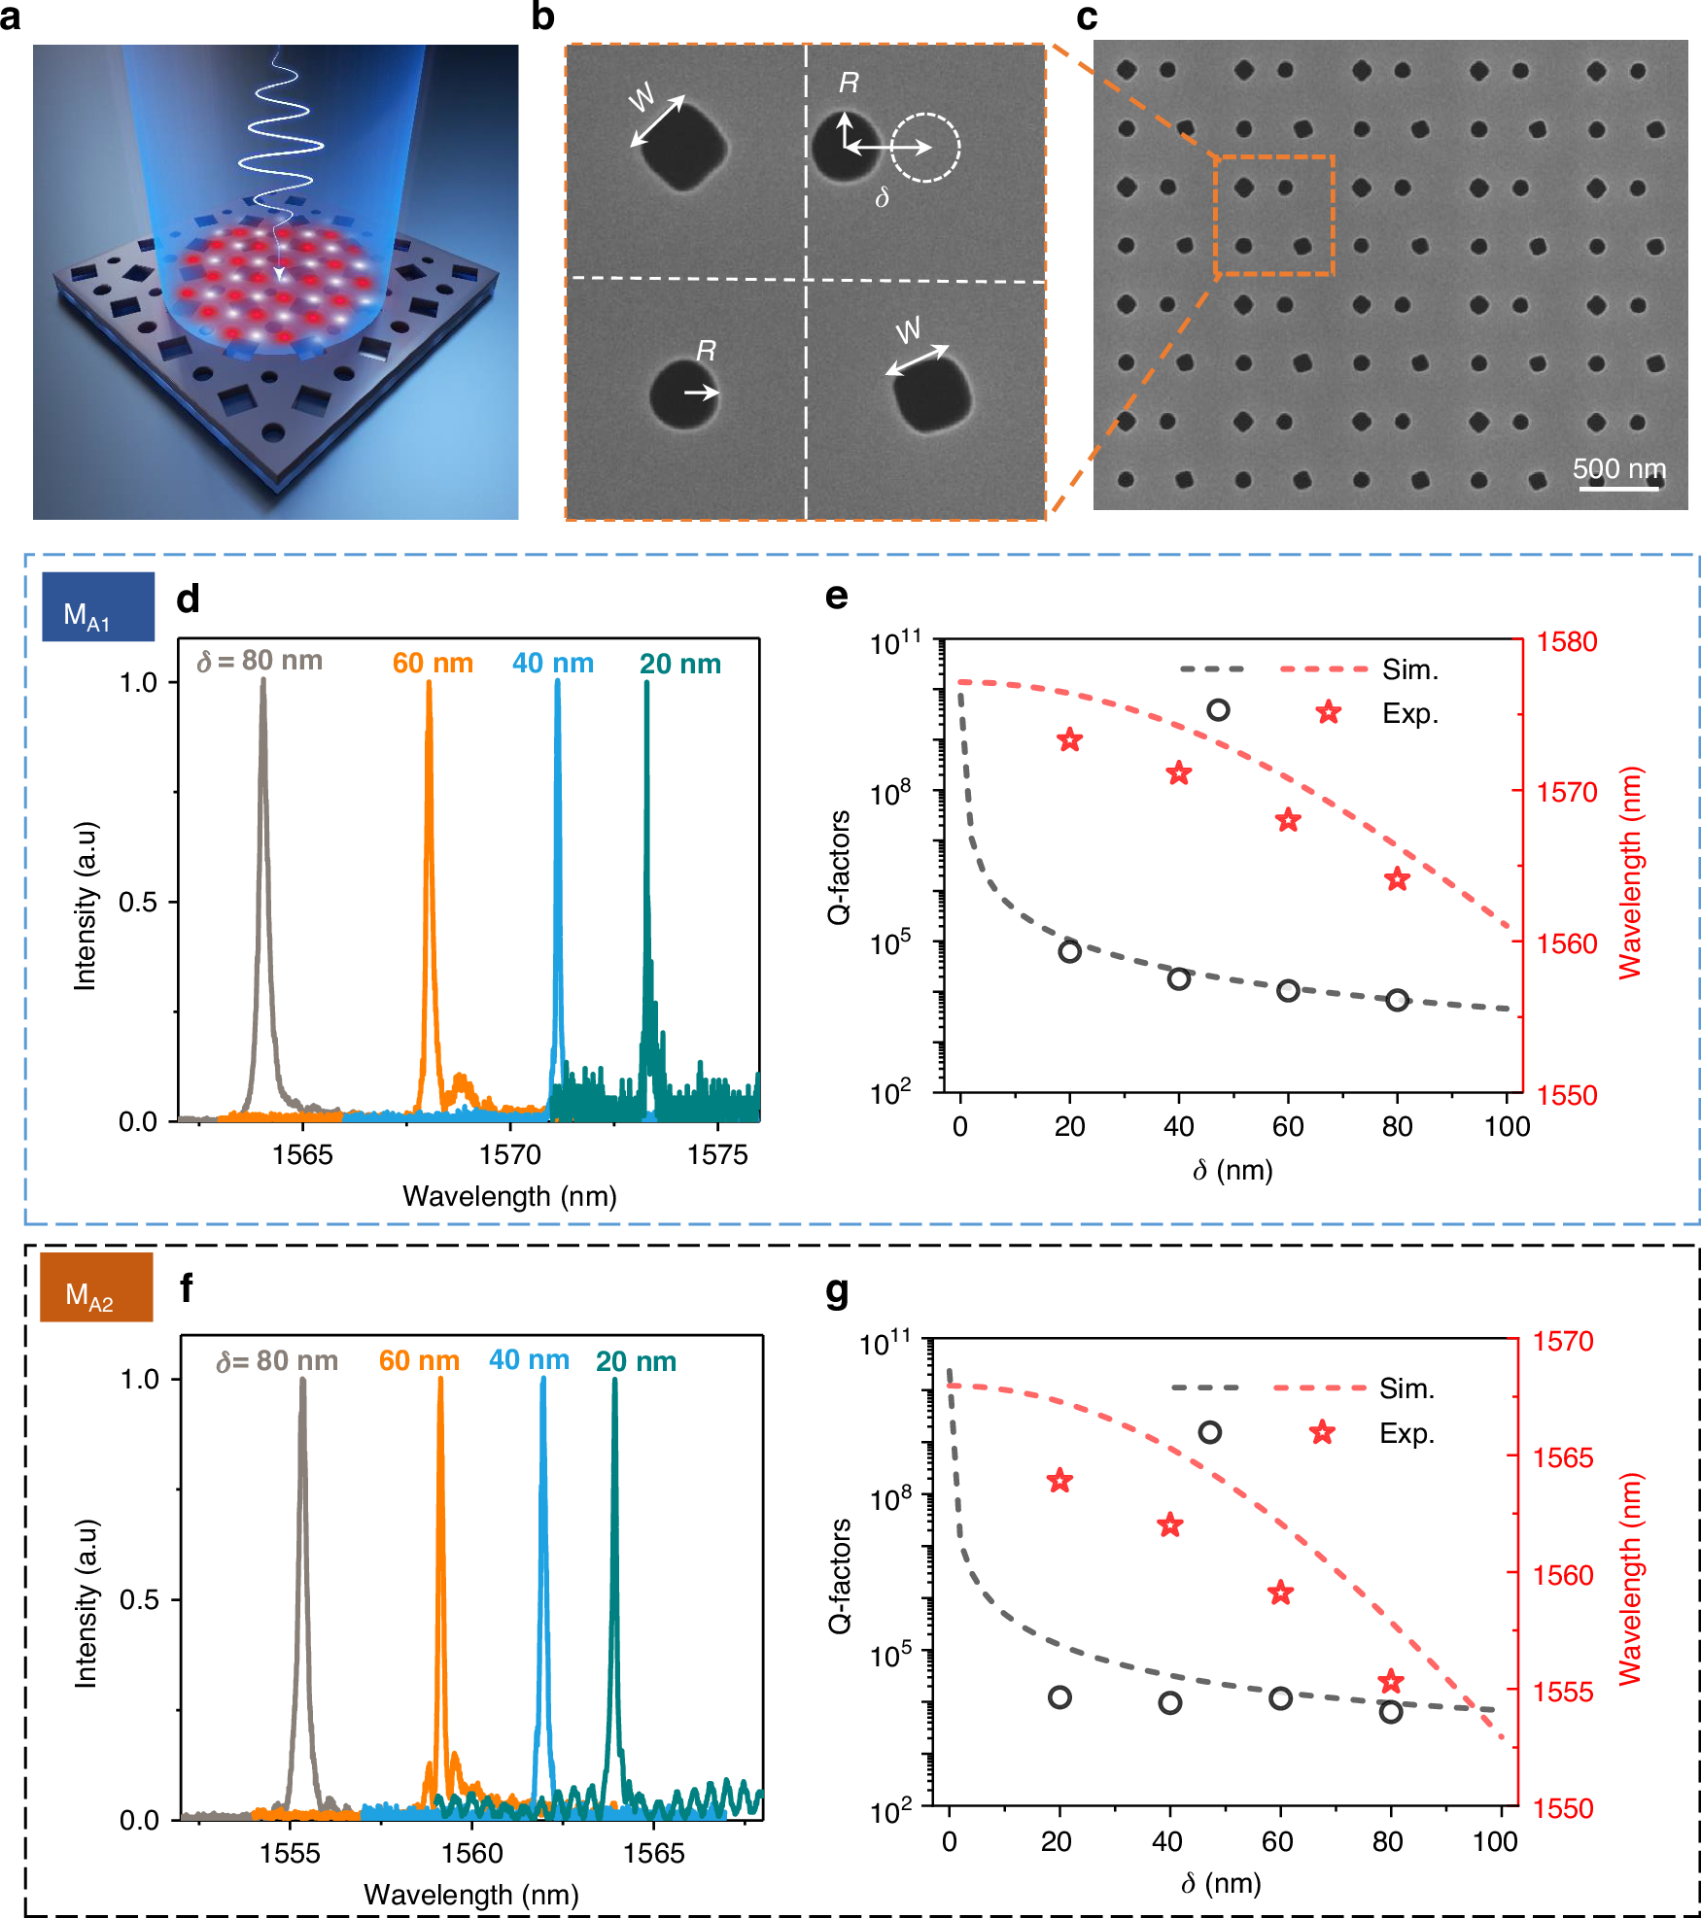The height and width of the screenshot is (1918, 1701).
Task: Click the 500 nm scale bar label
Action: tap(1618, 468)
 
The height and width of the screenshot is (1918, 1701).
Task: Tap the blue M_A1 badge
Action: tap(97, 606)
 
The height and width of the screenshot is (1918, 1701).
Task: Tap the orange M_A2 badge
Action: tap(95, 1286)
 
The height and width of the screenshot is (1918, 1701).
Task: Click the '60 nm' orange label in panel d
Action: tap(433, 663)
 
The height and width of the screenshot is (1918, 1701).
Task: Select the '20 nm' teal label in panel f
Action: tap(636, 1360)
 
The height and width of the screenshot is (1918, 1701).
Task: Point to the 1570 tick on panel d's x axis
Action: tap(510, 1154)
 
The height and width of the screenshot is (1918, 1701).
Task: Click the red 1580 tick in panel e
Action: tap(1566, 641)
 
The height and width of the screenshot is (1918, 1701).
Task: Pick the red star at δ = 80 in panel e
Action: tap(1397, 879)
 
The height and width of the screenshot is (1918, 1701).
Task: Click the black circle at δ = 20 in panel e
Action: tap(1069, 951)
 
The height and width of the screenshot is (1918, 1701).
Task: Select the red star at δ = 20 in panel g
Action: tap(1059, 1481)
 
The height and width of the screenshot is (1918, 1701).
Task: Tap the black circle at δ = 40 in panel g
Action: tap(1169, 1702)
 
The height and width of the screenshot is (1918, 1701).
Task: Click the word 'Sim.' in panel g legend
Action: tap(1406, 1388)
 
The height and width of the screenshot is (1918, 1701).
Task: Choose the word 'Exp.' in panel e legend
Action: tap(1409, 713)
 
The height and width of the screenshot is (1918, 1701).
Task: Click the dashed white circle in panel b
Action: tap(925, 147)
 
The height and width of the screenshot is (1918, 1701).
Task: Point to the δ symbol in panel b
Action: tap(882, 197)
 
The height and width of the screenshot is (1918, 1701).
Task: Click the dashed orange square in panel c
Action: tap(1273, 215)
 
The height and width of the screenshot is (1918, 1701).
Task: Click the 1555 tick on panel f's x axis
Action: tap(290, 1853)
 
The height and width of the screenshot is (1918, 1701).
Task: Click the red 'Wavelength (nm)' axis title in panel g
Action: tap(1630, 1579)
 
